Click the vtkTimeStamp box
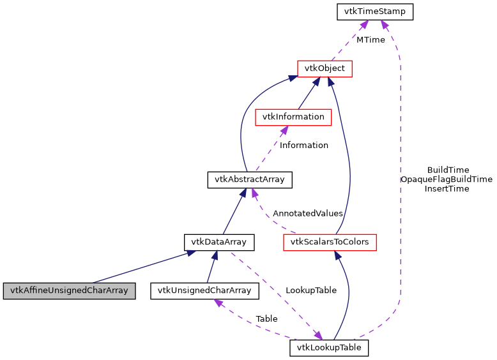[x=375, y=11]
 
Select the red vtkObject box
[x=325, y=68]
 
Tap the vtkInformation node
[x=293, y=117]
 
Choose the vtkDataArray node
[x=219, y=242]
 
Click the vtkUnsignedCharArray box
[x=204, y=290]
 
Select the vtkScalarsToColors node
[x=330, y=242]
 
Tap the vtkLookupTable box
[x=329, y=348]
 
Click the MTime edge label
[x=371, y=40]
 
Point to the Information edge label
[x=304, y=145]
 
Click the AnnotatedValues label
[x=307, y=213]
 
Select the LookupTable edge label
[x=311, y=290]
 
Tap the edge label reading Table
[x=266, y=318]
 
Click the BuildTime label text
[x=448, y=170]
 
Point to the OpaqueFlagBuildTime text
[x=447, y=179]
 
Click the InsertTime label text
[x=447, y=188]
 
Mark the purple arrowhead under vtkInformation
[x=283, y=130]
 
